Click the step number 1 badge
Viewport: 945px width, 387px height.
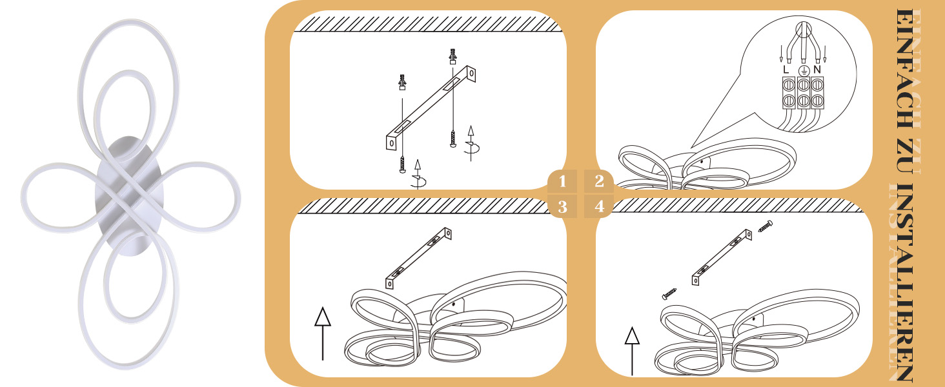562,181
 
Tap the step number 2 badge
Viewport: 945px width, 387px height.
599,181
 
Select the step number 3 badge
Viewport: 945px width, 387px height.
562,206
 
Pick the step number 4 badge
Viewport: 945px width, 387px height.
599,206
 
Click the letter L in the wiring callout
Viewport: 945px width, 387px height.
786,70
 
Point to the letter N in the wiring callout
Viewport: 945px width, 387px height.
817,70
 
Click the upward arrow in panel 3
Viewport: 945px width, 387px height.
323,333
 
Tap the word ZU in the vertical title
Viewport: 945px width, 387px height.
908,155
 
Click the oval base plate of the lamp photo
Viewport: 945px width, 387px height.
128,196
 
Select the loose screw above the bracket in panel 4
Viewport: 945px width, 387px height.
766,226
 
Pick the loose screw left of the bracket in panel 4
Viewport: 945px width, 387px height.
669,294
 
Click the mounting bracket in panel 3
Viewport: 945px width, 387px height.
418,258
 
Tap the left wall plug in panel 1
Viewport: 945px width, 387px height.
402,82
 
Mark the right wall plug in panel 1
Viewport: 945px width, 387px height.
452,57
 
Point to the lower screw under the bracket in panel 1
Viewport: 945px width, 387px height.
402,165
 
